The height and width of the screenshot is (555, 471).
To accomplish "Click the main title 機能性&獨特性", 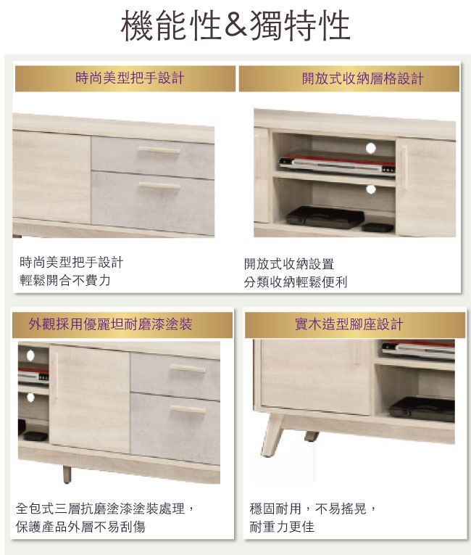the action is (x=236, y=25).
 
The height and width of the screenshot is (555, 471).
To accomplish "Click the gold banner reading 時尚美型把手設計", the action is (x=125, y=78).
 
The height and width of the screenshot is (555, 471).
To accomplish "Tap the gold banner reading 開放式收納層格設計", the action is (x=349, y=78).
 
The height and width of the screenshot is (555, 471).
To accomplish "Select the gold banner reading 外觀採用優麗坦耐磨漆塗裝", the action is (x=122, y=324).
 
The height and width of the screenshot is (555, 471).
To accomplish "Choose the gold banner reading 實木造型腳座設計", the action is (x=355, y=324).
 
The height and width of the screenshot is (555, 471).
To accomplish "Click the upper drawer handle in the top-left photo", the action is (x=159, y=149).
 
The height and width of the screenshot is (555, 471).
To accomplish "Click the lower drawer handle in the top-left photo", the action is (x=159, y=185).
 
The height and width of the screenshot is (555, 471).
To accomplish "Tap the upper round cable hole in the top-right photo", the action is (x=370, y=148).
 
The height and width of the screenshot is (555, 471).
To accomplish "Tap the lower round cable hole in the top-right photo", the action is (x=370, y=189).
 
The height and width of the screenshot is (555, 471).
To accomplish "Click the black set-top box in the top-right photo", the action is (x=325, y=216).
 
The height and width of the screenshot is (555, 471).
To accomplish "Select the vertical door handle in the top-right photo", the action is (x=404, y=168).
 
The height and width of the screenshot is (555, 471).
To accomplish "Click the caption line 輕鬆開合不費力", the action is (x=65, y=280).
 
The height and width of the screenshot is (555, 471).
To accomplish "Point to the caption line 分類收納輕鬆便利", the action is (x=295, y=282).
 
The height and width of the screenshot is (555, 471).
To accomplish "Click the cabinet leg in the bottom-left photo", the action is (x=67, y=474).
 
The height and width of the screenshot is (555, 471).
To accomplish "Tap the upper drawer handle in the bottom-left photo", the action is (x=188, y=368).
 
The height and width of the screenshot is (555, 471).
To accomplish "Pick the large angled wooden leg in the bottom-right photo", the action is (x=272, y=435).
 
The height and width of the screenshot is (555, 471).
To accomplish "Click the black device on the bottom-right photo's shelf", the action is (x=422, y=409).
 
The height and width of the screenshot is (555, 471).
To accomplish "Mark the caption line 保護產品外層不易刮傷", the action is (x=80, y=527).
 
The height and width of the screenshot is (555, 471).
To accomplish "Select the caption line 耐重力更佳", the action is (x=282, y=527).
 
